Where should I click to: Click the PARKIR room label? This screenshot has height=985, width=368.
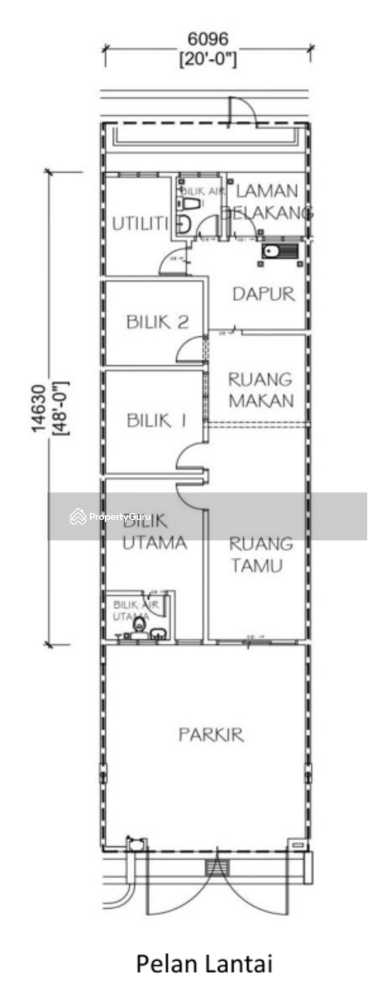click(x=211, y=734)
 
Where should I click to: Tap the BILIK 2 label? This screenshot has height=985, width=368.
click(x=158, y=322)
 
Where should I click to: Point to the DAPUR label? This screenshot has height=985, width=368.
click(x=264, y=294)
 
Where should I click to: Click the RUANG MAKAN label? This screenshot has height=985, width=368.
click(x=260, y=389)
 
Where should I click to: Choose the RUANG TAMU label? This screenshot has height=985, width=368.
click(x=260, y=554)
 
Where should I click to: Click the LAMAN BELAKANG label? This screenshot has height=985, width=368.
click(x=266, y=202)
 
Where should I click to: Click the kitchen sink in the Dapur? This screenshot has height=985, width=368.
click(x=279, y=250)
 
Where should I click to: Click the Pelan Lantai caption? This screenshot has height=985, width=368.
click(x=204, y=963)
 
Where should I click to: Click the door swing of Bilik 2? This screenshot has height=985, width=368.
click(x=191, y=350)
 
